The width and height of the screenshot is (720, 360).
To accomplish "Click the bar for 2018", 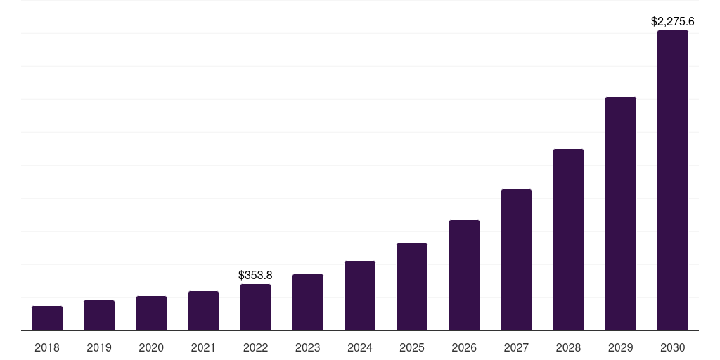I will pyautogui.click(x=47, y=319).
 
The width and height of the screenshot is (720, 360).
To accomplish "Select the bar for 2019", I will pyautogui.click(x=99, y=316).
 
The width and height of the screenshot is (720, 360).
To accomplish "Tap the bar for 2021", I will pyautogui.click(x=203, y=311).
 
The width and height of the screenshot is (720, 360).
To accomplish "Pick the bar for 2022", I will pyautogui.click(x=255, y=307).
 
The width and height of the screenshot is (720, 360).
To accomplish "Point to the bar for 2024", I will pyautogui.click(x=360, y=296).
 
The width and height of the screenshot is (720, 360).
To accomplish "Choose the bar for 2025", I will pyautogui.click(x=412, y=287).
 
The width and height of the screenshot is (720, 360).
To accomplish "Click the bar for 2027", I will pyautogui.click(x=516, y=260).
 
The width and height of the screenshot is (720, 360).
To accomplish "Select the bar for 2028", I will pyautogui.click(x=568, y=240).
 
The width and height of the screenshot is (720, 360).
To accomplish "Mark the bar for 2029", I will pyautogui.click(x=621, y=214).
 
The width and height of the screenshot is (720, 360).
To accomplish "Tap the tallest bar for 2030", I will pyautogui.click(x=673, y=181).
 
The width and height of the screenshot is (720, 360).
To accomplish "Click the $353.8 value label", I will pyautogui.click(x=255, y=275).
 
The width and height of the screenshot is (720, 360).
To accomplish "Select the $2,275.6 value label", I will pyautogui.click(x=673, y=22).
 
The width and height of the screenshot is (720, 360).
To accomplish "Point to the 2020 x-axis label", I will pyautogui.click(x=151, y=347).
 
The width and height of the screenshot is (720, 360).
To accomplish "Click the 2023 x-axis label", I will pyautogui.click(x=308, y=347).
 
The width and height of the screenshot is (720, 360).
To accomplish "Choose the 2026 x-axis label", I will pyautogui.click(x=464, y=347).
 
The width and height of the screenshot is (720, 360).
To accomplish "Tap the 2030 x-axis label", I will pyautogui.click(x=673, y=347).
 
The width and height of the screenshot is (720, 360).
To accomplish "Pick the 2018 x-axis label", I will pyautogui.click(x=47, y=347).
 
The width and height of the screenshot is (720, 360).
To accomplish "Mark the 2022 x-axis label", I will pyautogui.click(x=255, y=347).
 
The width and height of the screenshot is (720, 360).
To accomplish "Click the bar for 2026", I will pyautogui.click(x=464, y=276).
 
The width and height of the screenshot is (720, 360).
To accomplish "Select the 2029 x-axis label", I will pyautogui.click(x=621, y=347).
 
